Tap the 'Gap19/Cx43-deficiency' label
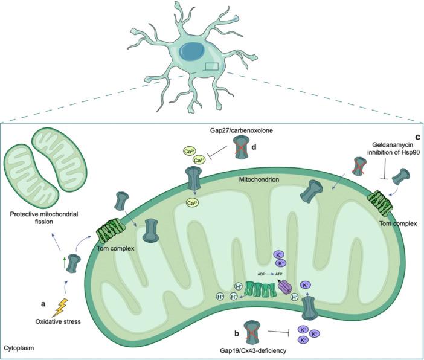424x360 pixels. (253, 350)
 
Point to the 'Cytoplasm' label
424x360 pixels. (20, 349)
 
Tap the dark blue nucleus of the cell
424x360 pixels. (195, 53)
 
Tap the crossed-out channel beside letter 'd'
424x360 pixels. (241, 144)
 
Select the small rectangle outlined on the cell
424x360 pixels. (212, 66)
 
